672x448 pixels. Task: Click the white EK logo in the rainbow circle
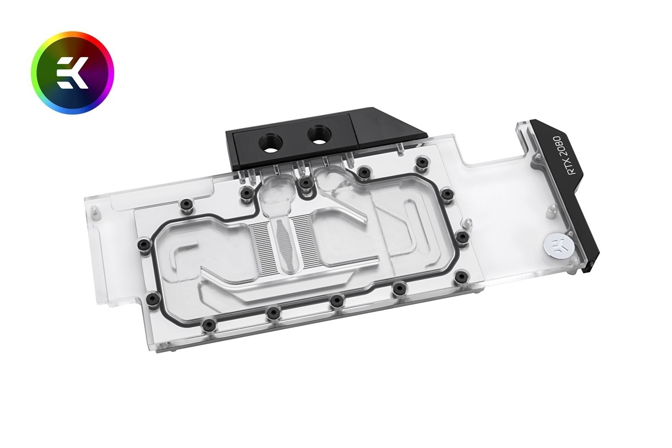click(x=73, y=73)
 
